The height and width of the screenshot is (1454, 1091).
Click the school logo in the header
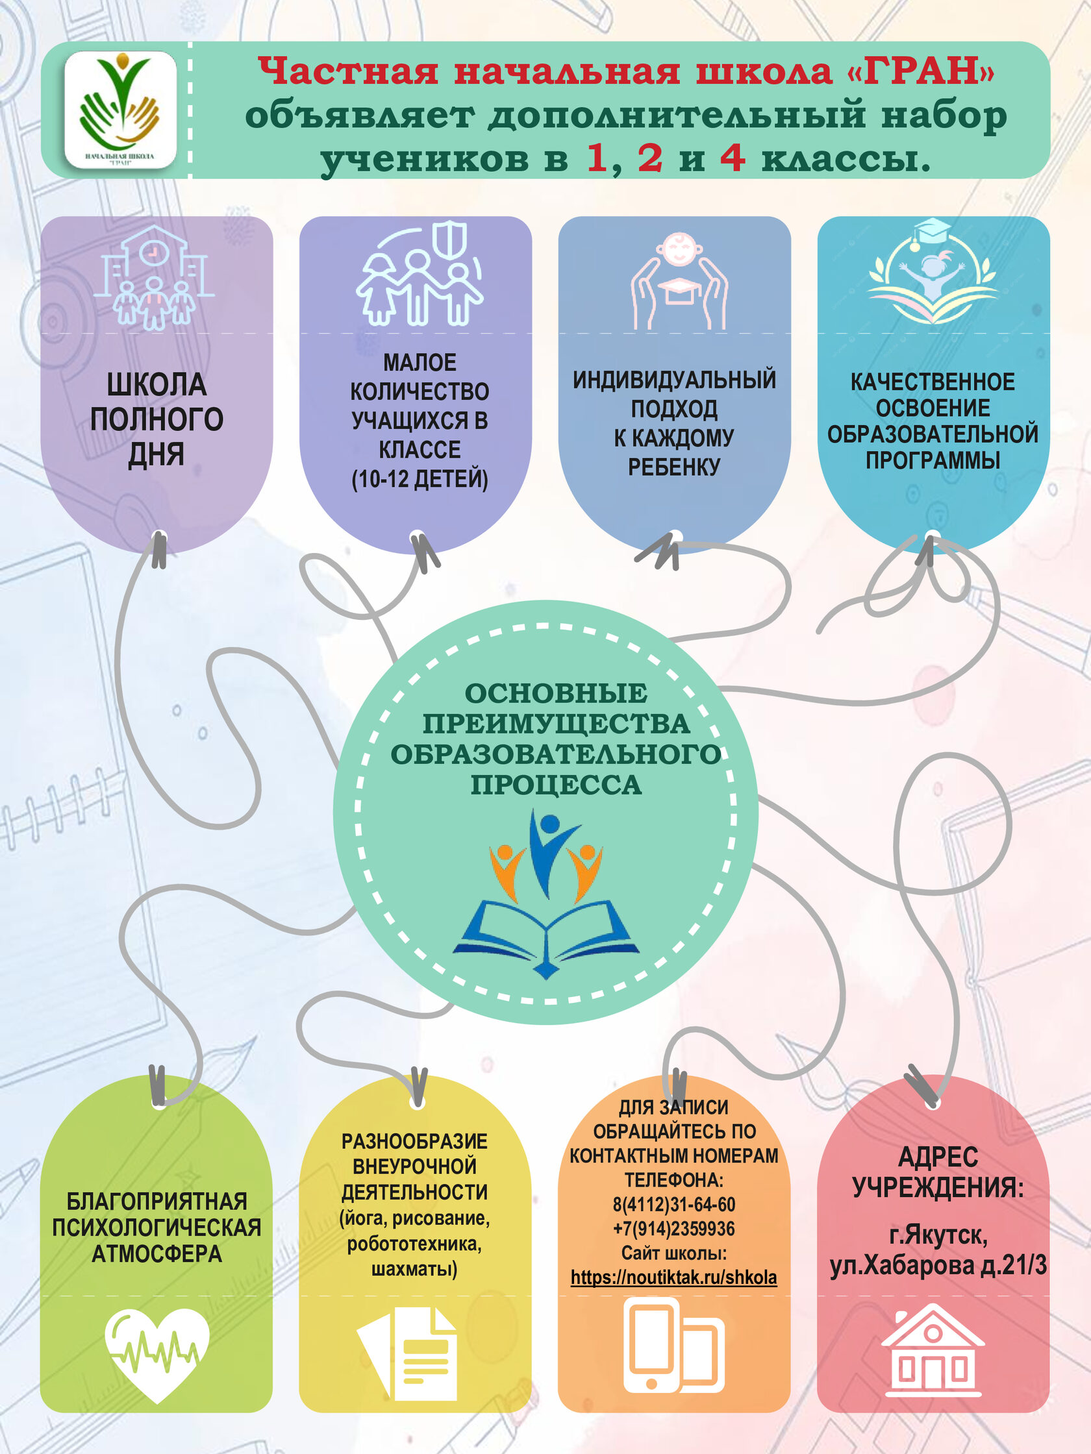120,109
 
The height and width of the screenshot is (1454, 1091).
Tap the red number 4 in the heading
732,158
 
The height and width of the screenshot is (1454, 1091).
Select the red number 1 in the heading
597,158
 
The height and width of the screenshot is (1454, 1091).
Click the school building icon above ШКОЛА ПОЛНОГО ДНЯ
154,277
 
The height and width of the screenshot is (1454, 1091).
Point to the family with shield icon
420,275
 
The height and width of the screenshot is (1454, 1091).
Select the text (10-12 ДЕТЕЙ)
420,478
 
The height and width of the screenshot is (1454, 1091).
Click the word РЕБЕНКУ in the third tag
674,467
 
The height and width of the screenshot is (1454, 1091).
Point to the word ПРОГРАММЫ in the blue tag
933,460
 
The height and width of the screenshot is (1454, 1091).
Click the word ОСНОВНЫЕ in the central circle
556,693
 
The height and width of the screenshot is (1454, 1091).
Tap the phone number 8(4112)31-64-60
673,1204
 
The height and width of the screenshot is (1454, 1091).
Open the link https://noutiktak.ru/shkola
673,1277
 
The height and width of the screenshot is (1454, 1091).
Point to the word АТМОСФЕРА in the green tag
157,1254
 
